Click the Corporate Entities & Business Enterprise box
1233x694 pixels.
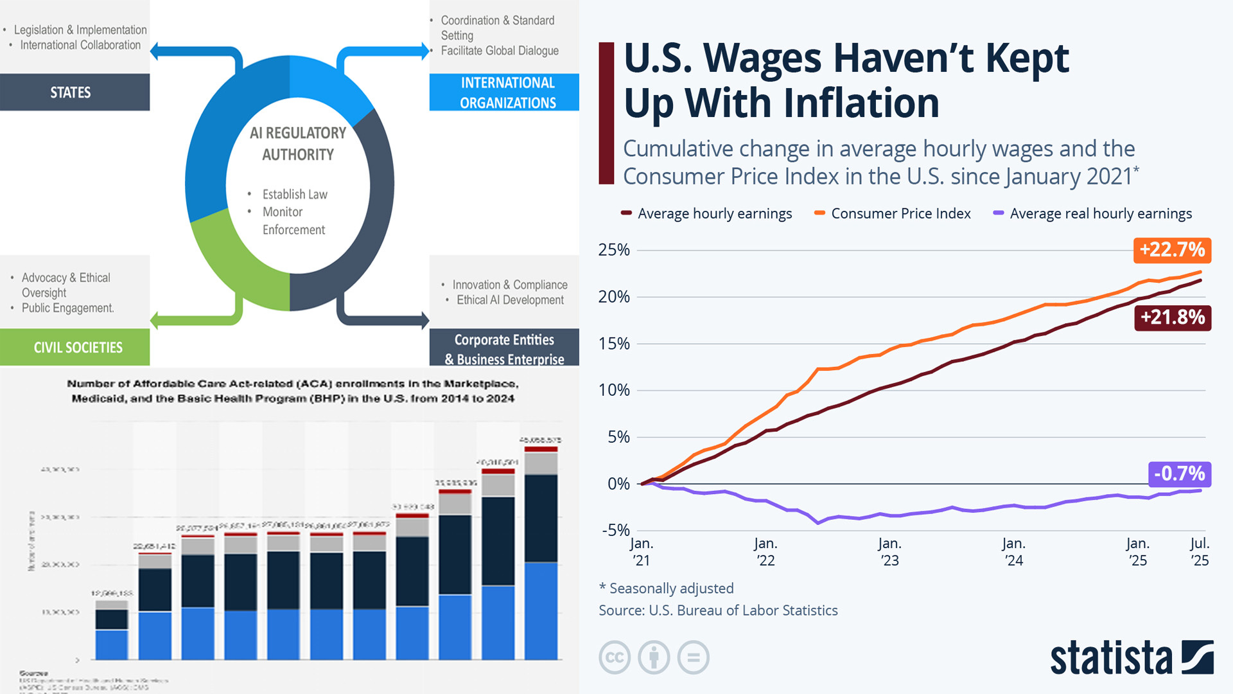click(x=504, y=348)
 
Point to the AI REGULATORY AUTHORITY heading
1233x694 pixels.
click(x=298, y=143)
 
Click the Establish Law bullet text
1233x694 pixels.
click(x=295, y=194)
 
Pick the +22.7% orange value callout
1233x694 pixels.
click(x=1172, y=249)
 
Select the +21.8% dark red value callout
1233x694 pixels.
click(x=1172, y=317)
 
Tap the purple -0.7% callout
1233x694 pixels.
click(x=1179, y=474)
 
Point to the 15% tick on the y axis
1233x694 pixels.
click(x=614, y=344)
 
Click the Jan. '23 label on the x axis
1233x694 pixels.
click(x=889, y=551)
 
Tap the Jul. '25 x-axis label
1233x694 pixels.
click(x=1199, y=551)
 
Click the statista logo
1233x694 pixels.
click(x=1131, y=657)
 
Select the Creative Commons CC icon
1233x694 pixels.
click(x=614, y=657)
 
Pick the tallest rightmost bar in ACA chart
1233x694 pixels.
click(x=541, y=553)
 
